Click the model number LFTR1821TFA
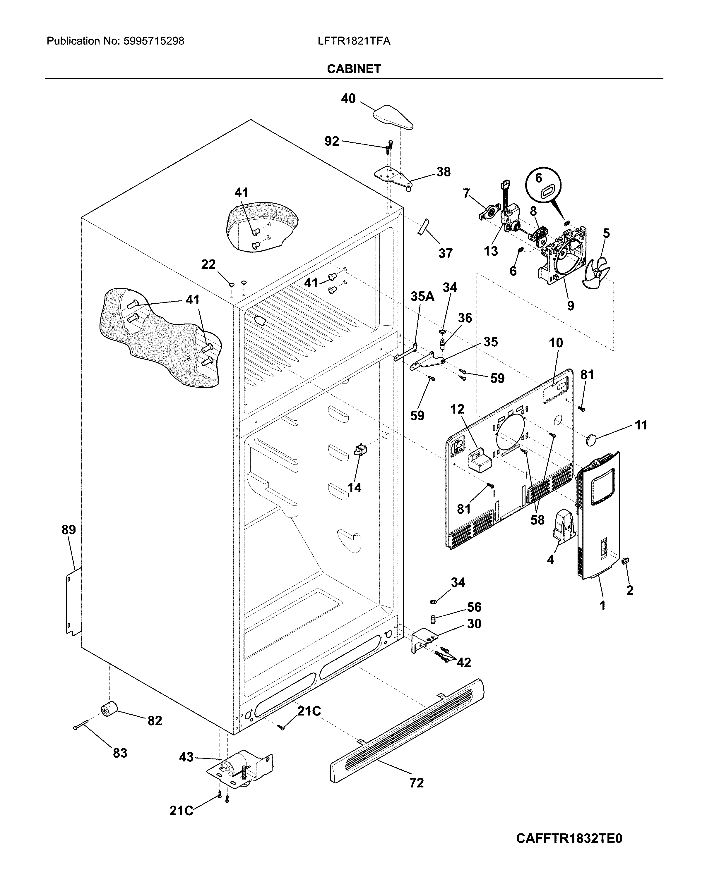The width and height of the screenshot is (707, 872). [x=354, y=41]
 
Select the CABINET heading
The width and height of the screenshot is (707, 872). [x=354, y=69]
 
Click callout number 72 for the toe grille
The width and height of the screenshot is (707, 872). [x=417, y=783]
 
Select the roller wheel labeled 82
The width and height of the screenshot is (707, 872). [x=108, y=710]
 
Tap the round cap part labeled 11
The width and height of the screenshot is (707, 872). [x=591, y=439]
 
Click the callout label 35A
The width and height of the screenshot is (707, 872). [x=422, y=296]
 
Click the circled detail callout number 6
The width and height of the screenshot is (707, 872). [x=538, y=178]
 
